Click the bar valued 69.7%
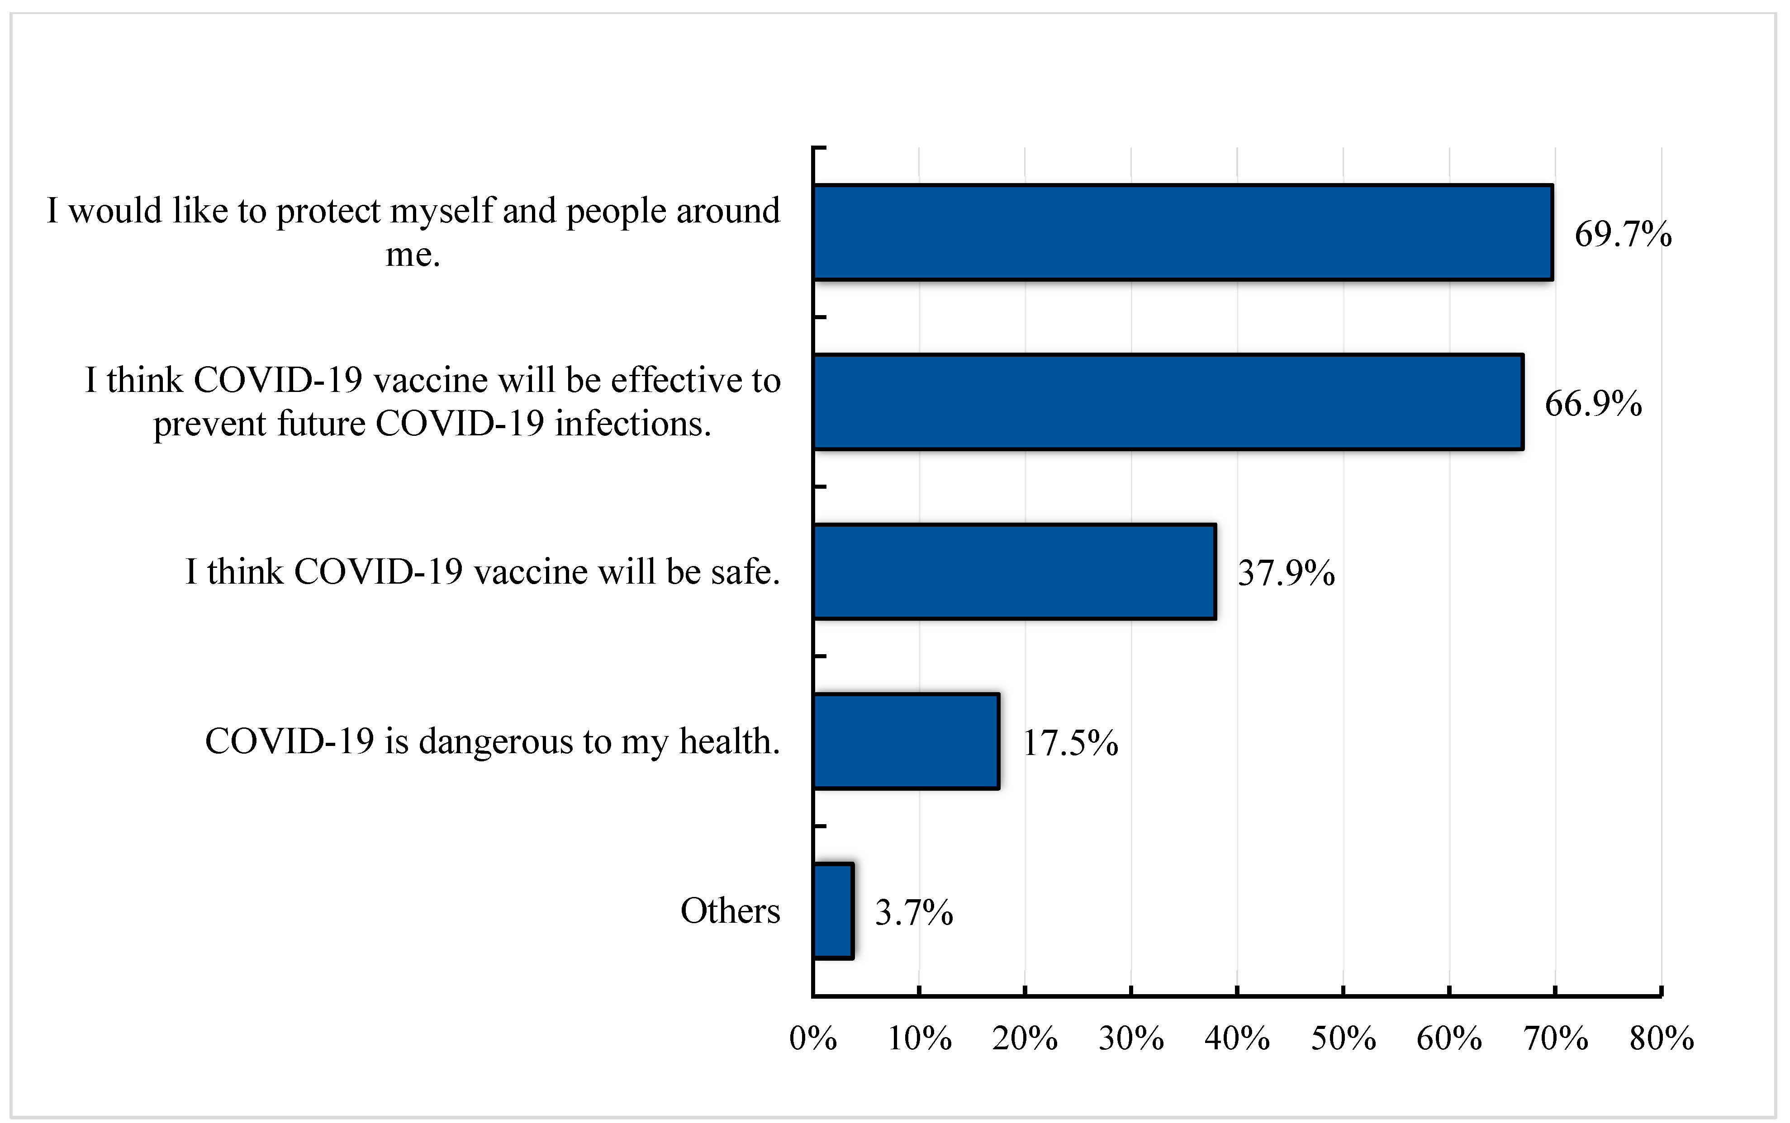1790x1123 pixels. [x=1183, y=232]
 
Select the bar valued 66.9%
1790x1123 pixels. [x=1168, y=402]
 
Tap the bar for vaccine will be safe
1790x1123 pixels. [x=1014, y=571]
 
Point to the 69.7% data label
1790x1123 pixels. [x=1623, y=234]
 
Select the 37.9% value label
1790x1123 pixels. [x=1286, y=573]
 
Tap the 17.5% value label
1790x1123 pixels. [x=1070, y=743]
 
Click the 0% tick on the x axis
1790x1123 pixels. [x=813, y=1038]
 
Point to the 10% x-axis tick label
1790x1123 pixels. [x=919, y=1038]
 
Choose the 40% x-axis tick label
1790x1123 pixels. [x=1237, y=1038]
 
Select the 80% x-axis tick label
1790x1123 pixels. [x=1662, y=1038]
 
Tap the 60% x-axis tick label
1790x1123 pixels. [x=1449, y=1038]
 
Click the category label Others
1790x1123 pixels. [x=730, y=911]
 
